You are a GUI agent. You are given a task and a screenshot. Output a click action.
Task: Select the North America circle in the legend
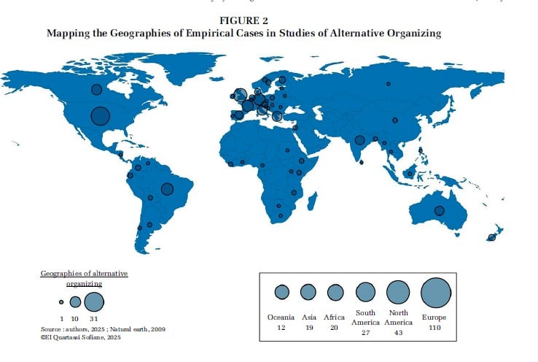[x=398, y=292]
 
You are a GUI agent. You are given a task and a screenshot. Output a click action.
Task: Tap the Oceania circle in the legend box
[x=281, y=292]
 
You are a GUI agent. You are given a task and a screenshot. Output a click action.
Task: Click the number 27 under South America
[x=365, y=333]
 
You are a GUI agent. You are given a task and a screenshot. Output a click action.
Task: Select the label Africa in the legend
[x=334, y=317]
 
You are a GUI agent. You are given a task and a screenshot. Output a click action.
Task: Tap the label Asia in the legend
[x=309, y=317]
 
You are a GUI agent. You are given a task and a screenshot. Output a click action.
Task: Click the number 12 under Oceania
[x=281, y=328]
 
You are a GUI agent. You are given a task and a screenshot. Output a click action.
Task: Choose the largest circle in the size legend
[x=94, y=301]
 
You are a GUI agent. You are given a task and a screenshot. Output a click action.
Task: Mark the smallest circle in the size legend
[x=62, y=301]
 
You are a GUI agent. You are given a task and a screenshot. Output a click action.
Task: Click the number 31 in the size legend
[x=94, y=319]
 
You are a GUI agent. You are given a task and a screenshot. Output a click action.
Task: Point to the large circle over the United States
[x=100, y=115]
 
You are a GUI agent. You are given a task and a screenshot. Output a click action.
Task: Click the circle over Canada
[x=96, y=89]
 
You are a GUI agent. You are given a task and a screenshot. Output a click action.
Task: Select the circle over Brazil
[x=167, y=188]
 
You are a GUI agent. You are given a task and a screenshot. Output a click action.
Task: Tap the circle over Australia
[x=440, y=210]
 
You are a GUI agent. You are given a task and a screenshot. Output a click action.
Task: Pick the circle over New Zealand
[x=492, y=237]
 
